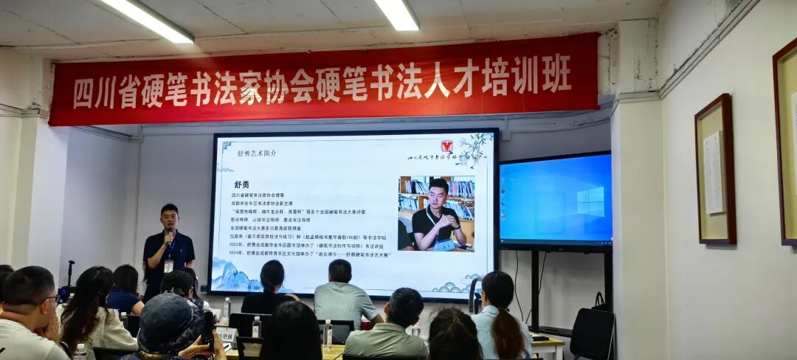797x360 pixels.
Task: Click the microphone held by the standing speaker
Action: (x=170, y=234)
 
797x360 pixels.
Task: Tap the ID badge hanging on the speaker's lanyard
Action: (x=168, y=265)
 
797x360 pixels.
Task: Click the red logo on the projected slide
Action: (x=446, y=146)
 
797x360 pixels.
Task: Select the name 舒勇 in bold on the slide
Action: (x=244, y=184)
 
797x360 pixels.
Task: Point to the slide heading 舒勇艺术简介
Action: (x=257, y=153)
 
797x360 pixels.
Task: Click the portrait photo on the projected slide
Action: (x=436, y=213)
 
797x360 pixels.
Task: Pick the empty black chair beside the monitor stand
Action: (x=593, y=333)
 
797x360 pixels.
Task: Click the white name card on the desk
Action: (x=227, y=334)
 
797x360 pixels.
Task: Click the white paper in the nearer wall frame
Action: (x=714, y=173)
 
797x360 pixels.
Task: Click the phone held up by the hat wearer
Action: (x=209, y=328)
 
